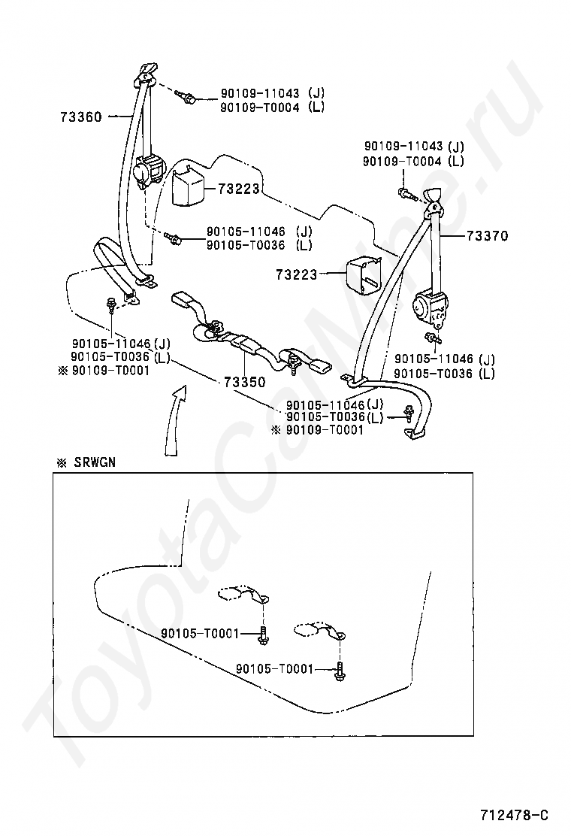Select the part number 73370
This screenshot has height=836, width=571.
[487, 236]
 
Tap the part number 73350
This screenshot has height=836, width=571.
[243, 382]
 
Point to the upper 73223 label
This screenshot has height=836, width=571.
[239, 189]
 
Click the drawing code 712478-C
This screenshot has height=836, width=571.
[515, 814]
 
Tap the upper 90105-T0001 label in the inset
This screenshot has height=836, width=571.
[200, 634]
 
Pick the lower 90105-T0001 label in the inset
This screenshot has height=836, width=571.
[275, 668]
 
